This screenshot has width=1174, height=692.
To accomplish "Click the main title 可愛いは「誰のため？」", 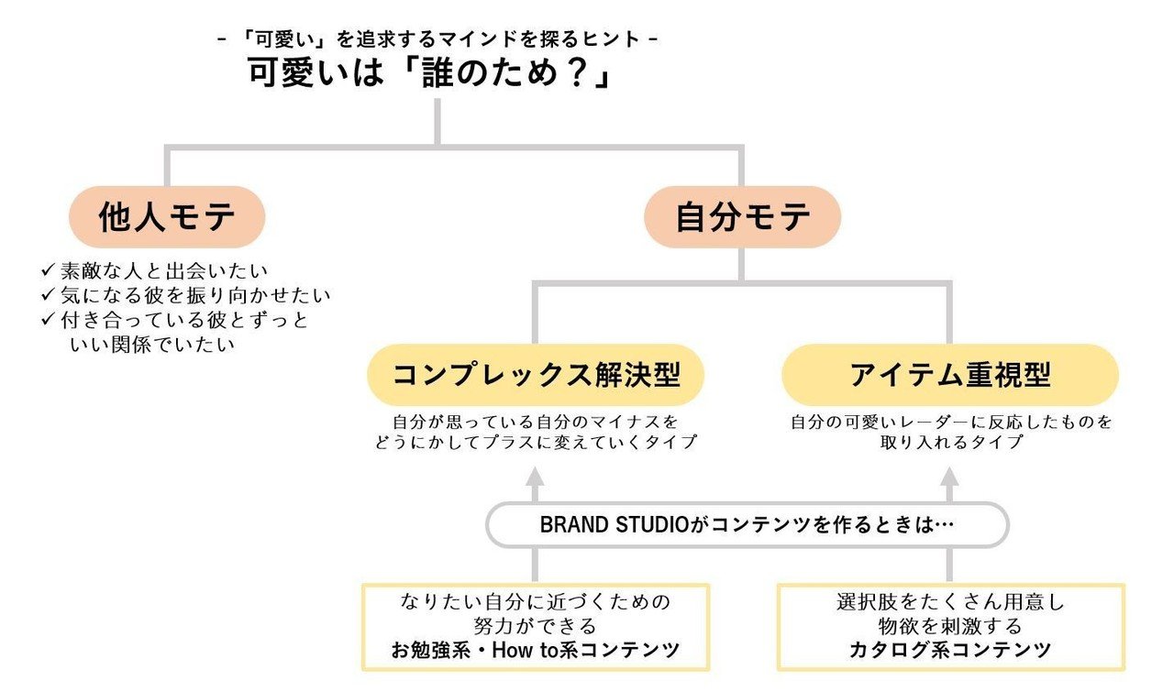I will [429, 73].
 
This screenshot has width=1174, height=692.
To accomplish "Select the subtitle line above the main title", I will [437, 39].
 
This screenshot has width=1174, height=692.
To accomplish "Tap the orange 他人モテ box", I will [168, 217].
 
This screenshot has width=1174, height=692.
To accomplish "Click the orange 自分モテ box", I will [742, 217].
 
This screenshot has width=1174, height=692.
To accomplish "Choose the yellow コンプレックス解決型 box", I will [536, 375].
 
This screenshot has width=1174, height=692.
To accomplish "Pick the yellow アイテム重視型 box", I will [949, 375].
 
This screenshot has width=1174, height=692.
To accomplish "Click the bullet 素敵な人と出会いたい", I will [161, 271].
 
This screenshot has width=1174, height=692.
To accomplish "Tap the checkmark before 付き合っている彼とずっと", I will [49, 320].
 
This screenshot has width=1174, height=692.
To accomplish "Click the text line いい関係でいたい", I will [152, 345].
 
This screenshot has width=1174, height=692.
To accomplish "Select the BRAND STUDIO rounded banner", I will [747, 525].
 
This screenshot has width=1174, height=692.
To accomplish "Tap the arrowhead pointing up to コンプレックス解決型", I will [536, 478].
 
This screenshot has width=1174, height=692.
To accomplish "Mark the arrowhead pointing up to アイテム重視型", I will [949, 478].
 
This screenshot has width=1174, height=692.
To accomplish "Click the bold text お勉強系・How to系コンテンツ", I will [536, 651].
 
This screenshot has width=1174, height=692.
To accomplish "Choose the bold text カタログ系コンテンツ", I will [949, 651].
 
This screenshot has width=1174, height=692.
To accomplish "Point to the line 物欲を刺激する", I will [949, 627].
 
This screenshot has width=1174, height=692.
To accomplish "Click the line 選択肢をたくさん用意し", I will [949, 603].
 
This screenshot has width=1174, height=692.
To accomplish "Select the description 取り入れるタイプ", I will [949, 442].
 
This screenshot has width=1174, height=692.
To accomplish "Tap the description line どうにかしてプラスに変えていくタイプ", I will [536, 442].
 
